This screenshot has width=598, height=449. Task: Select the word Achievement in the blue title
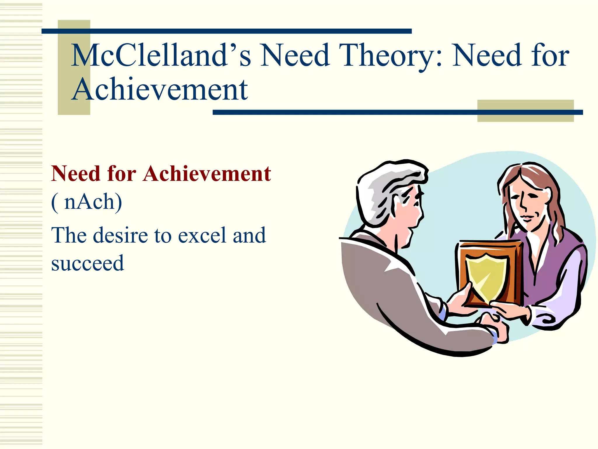tap(160, 89)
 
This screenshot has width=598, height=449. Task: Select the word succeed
tap(88, 263)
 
